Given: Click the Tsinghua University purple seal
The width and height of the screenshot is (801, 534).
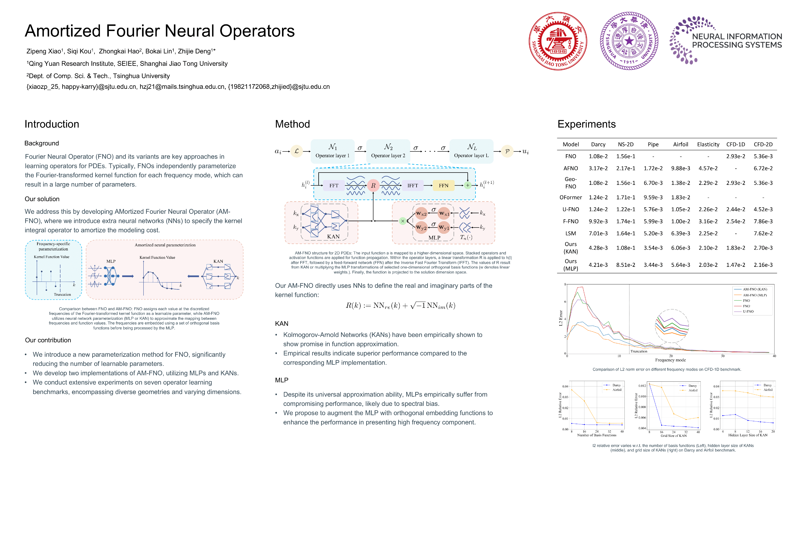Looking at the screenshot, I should coord(629,41).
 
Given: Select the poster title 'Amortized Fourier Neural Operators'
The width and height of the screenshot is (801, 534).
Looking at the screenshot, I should coord(160,31).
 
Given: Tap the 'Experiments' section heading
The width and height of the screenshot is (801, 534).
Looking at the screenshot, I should coord(586,124).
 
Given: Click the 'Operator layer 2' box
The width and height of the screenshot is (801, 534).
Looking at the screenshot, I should coord(388,151).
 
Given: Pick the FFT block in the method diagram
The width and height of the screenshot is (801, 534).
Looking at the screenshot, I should coord(334,186).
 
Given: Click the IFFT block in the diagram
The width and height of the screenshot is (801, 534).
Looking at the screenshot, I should coord(412,186).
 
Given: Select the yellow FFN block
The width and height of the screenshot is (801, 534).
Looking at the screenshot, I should coord(443,186).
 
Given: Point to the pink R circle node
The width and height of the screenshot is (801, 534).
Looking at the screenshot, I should coord(373,186).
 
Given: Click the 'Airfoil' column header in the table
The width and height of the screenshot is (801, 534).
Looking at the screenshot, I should coord(680,144).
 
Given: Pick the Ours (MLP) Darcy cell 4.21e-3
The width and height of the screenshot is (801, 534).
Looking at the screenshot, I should coord(598,265).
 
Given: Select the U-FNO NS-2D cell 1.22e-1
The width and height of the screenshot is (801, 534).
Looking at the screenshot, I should coord(626,210).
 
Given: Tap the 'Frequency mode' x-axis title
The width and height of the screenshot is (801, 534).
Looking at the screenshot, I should coord(670,360).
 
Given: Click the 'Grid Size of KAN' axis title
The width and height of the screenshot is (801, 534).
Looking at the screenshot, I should coord(673,436).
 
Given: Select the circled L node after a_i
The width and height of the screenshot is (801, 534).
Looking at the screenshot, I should coord(297,151).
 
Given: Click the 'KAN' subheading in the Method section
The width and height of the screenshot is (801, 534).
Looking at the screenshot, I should coord(282,324).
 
